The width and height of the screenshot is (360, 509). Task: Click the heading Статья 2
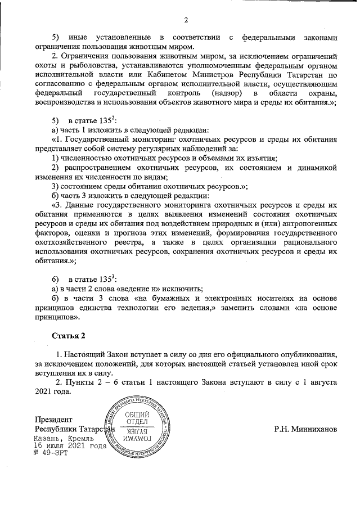pos(69,336)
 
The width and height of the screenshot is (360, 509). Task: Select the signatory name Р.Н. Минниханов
pos(306,430)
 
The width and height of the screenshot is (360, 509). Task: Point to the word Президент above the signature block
pos(53,420)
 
